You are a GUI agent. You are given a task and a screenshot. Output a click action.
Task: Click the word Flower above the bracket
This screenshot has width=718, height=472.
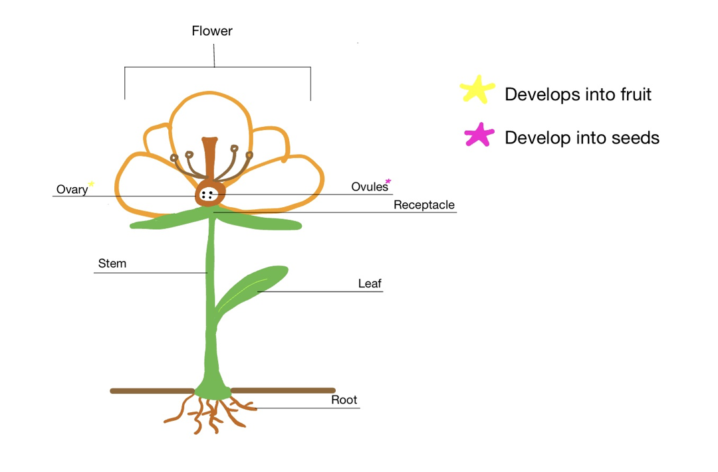point(212,31)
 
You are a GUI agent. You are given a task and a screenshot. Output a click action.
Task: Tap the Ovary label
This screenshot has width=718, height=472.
point(72,189)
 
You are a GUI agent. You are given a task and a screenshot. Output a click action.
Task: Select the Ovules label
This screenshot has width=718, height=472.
point(369,187)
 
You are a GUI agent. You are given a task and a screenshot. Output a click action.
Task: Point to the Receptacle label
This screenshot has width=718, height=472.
point(423,204)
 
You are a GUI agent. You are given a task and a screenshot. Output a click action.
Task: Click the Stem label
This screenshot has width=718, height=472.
point(112,264)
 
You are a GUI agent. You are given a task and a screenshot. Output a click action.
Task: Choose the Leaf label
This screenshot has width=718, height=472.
point(370,283)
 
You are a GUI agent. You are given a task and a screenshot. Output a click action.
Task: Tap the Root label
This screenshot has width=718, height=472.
point(344,400)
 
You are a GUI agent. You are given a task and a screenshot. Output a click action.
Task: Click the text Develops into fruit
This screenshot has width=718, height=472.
point(578,94)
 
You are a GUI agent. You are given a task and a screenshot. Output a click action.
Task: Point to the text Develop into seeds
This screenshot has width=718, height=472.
point(582,137)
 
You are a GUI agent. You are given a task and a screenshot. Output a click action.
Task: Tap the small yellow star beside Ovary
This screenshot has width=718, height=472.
point(91,184)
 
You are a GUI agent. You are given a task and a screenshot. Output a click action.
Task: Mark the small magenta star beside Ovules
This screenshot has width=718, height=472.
point(389,180)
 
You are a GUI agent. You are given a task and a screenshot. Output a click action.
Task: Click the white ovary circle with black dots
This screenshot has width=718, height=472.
point(207,195)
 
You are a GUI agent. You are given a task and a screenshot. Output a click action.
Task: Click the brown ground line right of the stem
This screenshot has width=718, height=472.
point(283,390)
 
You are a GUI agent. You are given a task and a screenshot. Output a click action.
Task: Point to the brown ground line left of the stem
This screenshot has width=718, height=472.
point(152,391)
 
